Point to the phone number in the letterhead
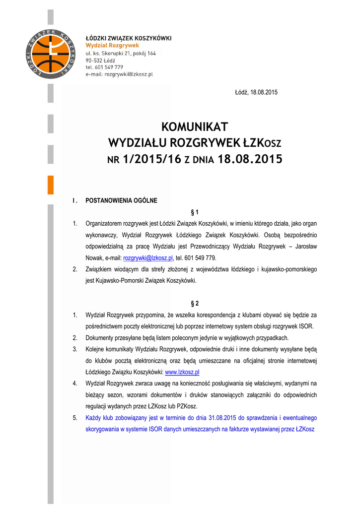(104, 66)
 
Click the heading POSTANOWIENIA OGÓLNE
(121, 200)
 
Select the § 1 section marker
(195, 212)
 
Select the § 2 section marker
(195, 303)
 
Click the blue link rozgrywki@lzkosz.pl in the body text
(147, 258)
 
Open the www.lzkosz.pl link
(182, 372)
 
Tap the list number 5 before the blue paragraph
(74, 418)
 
